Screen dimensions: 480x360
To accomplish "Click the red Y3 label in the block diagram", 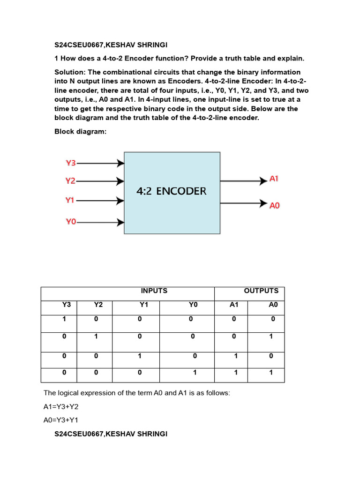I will (x=70, y=163).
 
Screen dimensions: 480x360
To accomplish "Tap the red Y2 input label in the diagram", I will (x=70, y=181).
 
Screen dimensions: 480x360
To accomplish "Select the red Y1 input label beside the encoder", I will (x=70, y=200).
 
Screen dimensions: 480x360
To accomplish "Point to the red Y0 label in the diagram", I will (x=70, y=222).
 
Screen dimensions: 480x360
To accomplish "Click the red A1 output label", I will (x=274, y=179).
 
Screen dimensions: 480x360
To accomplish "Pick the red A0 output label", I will (x=275, y=205).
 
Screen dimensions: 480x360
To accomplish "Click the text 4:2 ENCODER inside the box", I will (x=172, y=191).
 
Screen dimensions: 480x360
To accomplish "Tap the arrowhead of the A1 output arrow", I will (x=263, y=180).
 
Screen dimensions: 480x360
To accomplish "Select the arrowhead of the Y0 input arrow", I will (x=121, y=223).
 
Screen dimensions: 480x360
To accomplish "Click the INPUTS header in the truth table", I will (x=154, y=291).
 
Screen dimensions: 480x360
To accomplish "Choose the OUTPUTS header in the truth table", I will (x=261, y=291).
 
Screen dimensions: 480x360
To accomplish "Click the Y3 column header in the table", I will (x=66, y=305).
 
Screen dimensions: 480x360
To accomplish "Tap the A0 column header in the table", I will (x=274, y=305).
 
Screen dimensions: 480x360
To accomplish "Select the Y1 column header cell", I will (x=144, y=305).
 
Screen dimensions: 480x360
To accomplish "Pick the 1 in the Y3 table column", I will (x=64, y=319).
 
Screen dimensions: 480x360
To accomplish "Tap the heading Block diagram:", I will (x=81, y=132).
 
